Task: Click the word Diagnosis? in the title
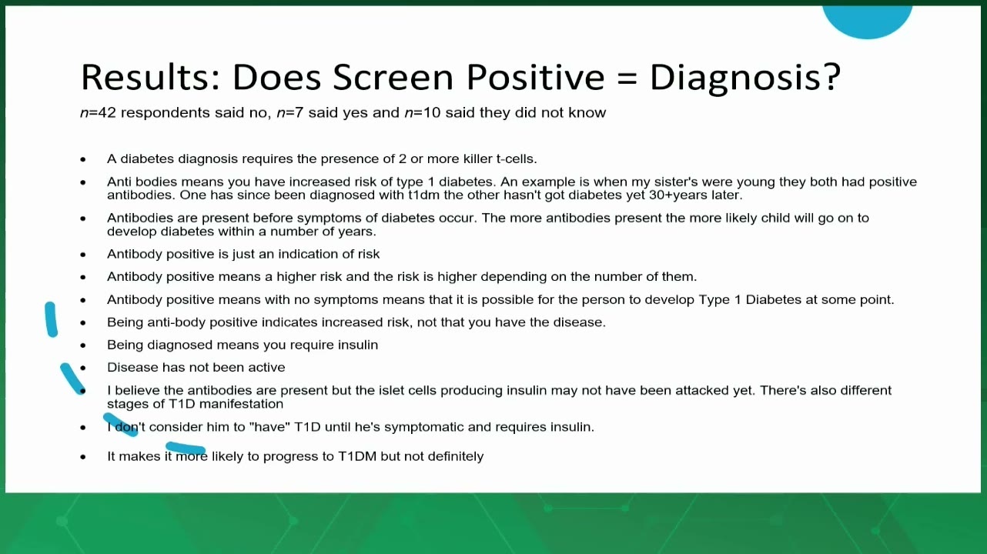click(x=745, y=78)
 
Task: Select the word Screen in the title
click(x=393, y=78)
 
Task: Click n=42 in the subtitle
click(x=98, y=113)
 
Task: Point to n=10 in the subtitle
click(x=423, y=113)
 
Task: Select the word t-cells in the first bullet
click(x=516, y=159)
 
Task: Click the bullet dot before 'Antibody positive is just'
click(x=83, y=255)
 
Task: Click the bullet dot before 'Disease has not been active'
click(x=83, y=368)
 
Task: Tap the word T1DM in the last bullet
click(x=357, y=457)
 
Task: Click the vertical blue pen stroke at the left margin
click(x=52, y=320)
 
